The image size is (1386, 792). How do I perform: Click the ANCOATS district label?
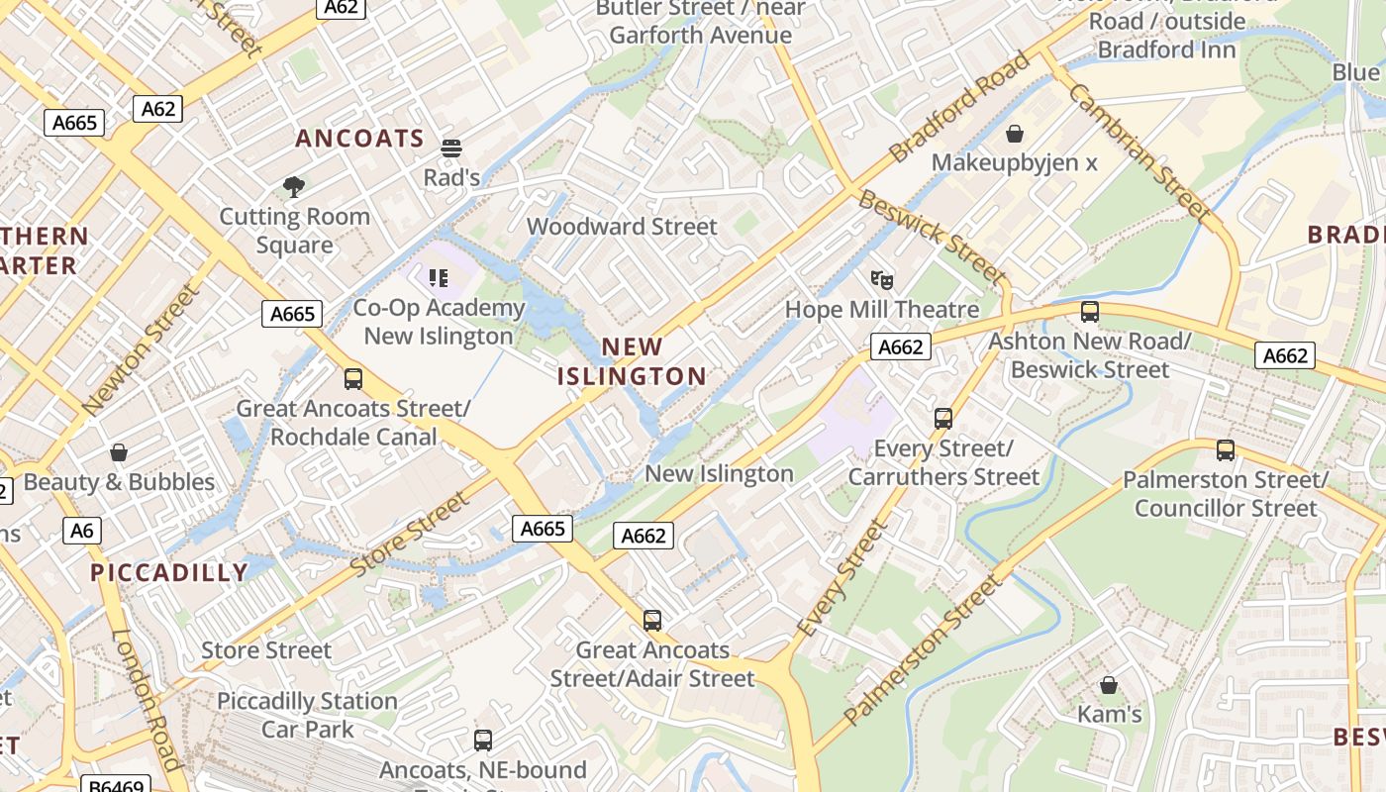click(359, 139)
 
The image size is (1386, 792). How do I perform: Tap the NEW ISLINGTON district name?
click(632, 361)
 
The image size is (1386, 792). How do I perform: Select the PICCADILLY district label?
click(169, 572)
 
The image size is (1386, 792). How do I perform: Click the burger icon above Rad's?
click(451, 148)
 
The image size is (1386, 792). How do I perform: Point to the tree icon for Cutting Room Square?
click(293, 186)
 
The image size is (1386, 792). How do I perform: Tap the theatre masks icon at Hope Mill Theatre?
click(881, 280)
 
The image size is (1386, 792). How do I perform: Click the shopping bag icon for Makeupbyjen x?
click(1014, 134)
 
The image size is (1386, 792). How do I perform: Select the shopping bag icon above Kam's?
click(1109, 685)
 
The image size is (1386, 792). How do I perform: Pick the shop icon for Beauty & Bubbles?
click(119, 452)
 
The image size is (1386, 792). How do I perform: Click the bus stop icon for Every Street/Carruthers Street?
click(942, 419)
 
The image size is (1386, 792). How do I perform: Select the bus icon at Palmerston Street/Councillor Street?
click(1225, 450)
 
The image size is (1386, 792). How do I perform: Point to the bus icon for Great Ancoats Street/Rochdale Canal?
click(352, 378)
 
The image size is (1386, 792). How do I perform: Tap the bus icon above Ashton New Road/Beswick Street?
click(1089, 312)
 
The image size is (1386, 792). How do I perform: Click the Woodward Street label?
click(622, 227)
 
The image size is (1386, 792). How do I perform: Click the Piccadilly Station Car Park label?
click(307, 715)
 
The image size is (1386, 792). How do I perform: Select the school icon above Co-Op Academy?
click(439, 278)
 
